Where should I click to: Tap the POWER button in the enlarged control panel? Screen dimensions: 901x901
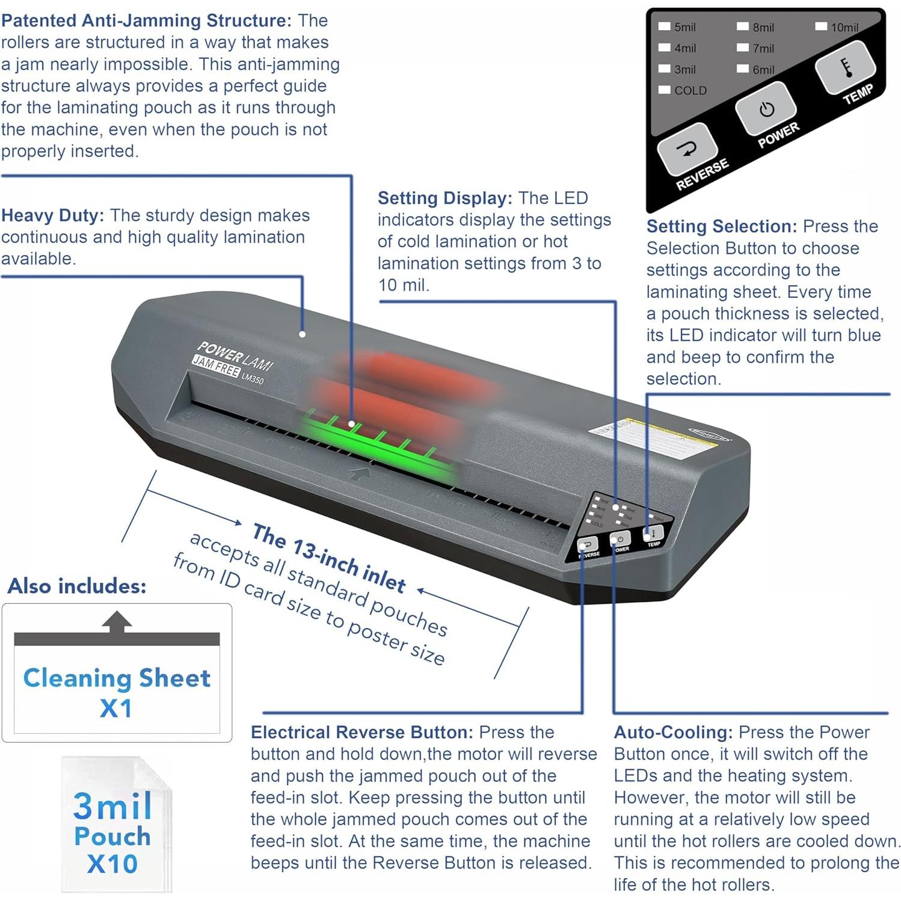(766, 109)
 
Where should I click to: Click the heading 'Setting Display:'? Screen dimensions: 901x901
(444, 198)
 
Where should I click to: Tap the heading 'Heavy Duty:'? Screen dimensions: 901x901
(52, 215)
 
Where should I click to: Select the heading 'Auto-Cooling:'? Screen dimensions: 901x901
(673, 732)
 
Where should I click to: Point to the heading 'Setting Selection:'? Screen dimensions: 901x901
(721, 226)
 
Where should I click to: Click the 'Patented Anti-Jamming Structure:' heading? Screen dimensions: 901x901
(146, 20)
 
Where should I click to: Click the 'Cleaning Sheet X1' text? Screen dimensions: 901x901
(117, 692)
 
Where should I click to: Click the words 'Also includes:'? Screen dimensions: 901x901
(77, 586)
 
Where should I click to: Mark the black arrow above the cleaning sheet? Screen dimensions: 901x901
(117, 622)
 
